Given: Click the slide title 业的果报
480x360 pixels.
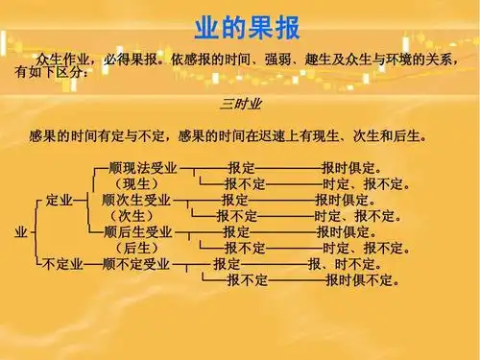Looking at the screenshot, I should pyautogui.click(x=240, y=26).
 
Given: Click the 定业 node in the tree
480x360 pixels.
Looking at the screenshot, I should pyautogui.click(x=60, y=201).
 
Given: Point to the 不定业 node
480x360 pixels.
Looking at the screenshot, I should pyautogui.click(x=60, y=264).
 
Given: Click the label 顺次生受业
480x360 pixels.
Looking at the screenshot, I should pyautogui.click(x=135, y=201).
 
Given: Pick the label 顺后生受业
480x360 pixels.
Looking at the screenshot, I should pyautogui.click(x=137, y=232).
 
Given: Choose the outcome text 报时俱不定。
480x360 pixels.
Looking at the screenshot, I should pyautogui.click(x=362, y=280).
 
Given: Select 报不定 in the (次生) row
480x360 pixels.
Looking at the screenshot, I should pyautogui.click(x=236, y=217).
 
